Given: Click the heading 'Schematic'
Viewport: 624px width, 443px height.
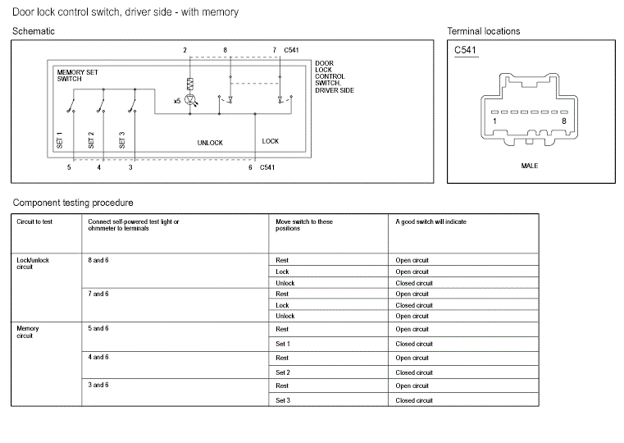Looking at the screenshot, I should pyautogui.click(x=34, y=31).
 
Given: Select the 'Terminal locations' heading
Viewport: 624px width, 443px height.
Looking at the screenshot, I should pyautogui.click(x=483, y=31).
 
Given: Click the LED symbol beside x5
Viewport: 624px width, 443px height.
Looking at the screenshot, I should pyautogui.click(x=191, y=100).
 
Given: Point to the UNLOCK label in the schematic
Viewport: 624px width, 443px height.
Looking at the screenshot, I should pyautogui.click(x=210, y=143).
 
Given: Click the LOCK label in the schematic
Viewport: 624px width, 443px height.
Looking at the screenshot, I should pyautogui.click(x=271, y=141).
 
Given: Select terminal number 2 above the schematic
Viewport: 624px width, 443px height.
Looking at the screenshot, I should pyautogui.click(x=184, y=51).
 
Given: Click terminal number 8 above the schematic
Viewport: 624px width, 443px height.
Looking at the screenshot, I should pyautogui.click(x=225, y=51).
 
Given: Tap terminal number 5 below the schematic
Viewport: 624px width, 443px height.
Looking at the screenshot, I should pyautogui.click(x=69, y=167).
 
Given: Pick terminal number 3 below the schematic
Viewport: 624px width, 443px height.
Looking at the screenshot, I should pyautogui.click(x=130, y=167).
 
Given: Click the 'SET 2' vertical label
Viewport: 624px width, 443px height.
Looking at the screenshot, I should pyautogui.click(x=91, y=139).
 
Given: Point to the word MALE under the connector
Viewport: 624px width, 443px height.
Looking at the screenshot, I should pyautogui.click(x=530, y=166).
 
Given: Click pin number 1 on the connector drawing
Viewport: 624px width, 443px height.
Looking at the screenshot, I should pyautogui.click(x=494, y=121).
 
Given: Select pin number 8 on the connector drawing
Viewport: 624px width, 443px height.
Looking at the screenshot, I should pyautogui.click(x=563, y=121).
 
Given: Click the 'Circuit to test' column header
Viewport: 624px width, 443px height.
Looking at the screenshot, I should pyautogui.click(x=35, y=221).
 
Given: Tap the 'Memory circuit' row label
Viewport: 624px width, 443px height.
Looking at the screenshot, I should pyautogui.click(x=28, y=332).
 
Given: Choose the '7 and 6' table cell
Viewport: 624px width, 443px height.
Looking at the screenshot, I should pyautogui.click(x=98, y=294).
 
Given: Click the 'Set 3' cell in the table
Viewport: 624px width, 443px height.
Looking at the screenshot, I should pyautogui.click(x=283, y=400).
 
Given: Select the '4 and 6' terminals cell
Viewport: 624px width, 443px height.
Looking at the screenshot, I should pyautogui.click(x=98, y=358).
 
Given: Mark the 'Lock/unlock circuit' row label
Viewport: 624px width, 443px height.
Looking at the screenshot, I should pyautogui.click(x=33, y=263).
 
